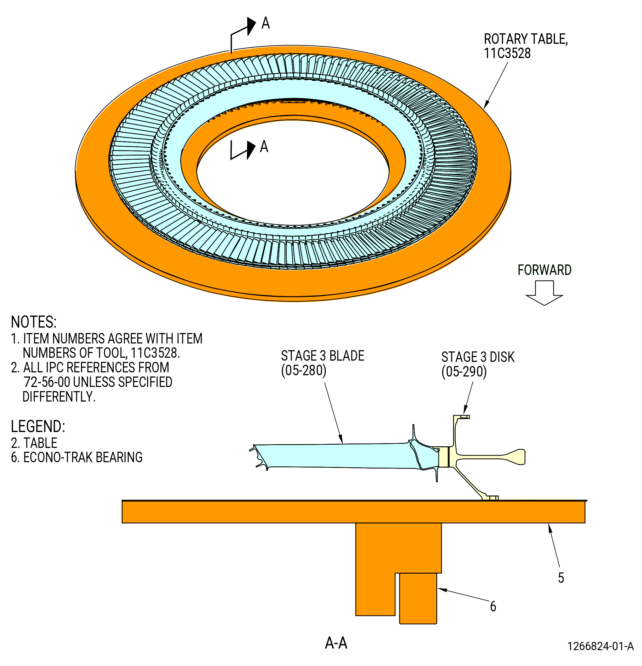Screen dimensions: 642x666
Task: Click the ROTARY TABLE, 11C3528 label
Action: (525, 46)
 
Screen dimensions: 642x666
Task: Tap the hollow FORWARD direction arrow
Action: (544, 293)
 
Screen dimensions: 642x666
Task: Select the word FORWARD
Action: (544, 270)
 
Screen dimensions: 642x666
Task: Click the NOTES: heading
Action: (34, 322)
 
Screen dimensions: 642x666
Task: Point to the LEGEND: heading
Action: (38, 426)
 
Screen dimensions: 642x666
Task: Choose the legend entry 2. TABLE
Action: (34, 443)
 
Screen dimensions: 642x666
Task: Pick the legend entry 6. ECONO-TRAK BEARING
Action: (77, 457)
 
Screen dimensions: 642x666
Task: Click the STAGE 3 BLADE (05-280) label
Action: (322, 363)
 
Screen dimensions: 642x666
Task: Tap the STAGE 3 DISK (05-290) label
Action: (478, 364)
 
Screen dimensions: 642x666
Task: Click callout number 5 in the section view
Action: (561, 578)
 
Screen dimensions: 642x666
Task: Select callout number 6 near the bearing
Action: (493, 606)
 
